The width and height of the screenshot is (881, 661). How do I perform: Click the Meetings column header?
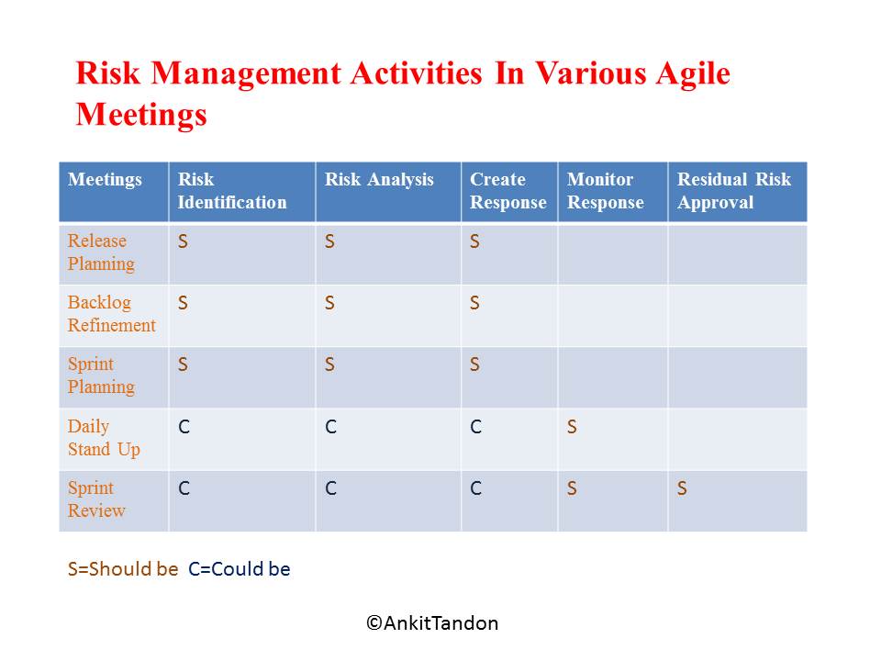[x=105, y=180]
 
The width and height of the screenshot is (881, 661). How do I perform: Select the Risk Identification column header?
[x=232, y=191]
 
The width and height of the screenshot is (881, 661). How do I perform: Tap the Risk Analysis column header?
[x=379, y=180]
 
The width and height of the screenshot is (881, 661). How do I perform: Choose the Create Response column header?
[x=507, y=191]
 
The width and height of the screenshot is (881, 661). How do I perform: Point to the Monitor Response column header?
[x=606, y=191]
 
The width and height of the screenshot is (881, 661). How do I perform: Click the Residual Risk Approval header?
[x=734, y=191]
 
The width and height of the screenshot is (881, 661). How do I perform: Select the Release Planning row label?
[x=101, y=252]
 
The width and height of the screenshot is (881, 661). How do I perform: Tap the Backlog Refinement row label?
[x=112, y=314]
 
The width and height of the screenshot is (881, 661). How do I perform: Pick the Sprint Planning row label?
[x=101, y=375]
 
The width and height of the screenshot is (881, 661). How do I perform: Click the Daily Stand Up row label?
[x=104, y=438]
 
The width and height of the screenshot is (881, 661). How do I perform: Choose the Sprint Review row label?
[x=96, y=499]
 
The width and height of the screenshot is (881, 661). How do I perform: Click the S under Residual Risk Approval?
[x=682, y=488]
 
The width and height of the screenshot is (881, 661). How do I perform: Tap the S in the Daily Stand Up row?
[x=572, y=427]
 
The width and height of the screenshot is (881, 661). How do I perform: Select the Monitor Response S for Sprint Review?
[x=572, y=488]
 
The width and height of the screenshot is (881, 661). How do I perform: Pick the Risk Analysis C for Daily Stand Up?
[x=330, y=427]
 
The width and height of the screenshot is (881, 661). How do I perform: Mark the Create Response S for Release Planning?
[x=474, y=241]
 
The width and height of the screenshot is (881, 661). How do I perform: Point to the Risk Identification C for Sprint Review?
[x=184, y=488]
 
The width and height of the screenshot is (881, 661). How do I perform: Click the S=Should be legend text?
[x=123, y=569]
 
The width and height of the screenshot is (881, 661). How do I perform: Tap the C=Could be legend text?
[x=240, y=569]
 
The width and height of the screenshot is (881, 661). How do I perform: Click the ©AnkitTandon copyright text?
[x=432, y=623]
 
